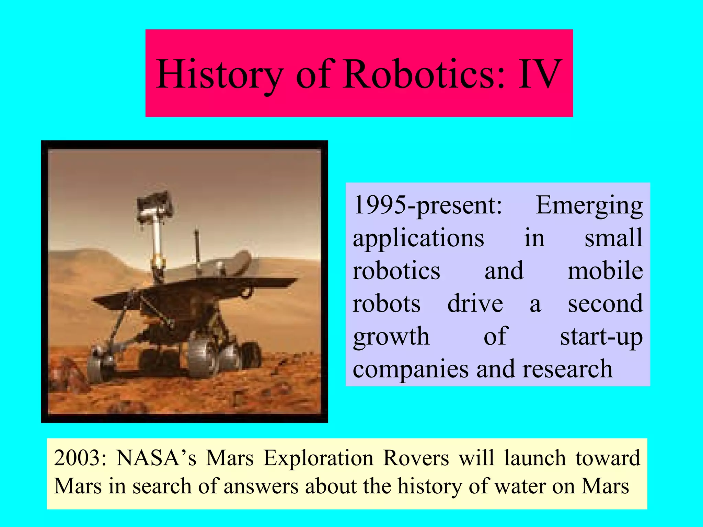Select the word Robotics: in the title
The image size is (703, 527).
pyautogui.click(x=424, y=74)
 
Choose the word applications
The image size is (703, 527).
pyautogui.click(x=418, y=238)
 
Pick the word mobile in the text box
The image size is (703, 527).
pyautogui.click(x=605, y=271)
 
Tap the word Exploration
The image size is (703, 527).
pyautogui.click(x=318, y=458)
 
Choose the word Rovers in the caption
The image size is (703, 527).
pyautogui.click(x=416, y=458)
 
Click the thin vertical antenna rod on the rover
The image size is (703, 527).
pyautogui.click(x=197, y=250)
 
